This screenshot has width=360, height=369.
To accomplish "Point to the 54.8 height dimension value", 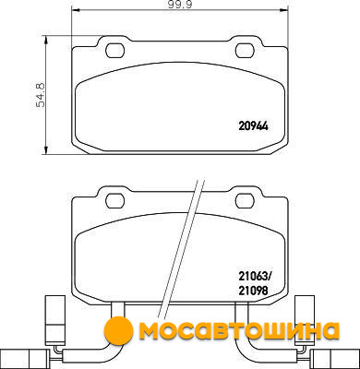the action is click(x=41, y=95).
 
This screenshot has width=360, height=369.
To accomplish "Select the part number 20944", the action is click(x=254, y=126).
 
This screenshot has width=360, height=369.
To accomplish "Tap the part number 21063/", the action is click(x=254, y=277).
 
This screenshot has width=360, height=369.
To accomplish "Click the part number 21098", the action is click(x=254, y=290).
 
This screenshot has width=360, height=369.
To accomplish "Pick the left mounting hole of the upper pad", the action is click(x=115, y=50).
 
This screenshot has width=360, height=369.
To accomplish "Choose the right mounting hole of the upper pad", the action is click(x=245, y=50).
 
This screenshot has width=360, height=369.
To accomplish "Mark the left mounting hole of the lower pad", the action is click(x=115, y=201).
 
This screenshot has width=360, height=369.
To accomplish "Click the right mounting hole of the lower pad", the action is click(x=245, y=201).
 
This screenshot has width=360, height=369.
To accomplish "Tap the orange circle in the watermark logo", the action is click(x=118, y=330).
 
